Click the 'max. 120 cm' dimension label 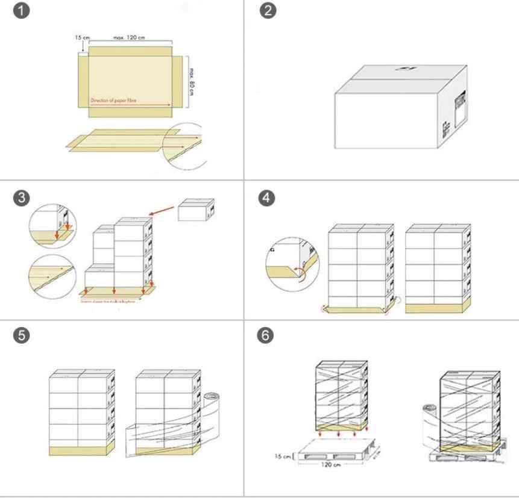pyautogui.click(x=129, y=39)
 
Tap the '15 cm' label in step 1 pyautogui.click(x=82, y=38)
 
